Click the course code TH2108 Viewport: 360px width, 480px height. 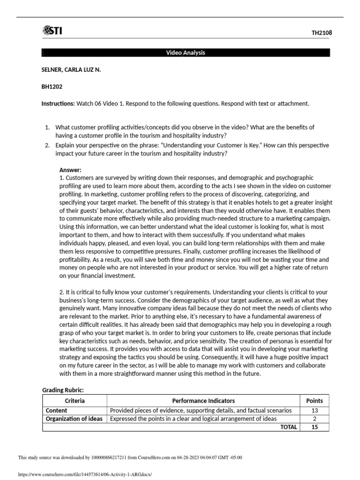(322, 33)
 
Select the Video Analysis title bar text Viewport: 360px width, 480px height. (186, 52)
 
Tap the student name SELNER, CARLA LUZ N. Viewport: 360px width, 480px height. (71, 69)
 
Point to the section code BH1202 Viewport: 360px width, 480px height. (52, 87)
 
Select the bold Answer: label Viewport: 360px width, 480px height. (70, 170)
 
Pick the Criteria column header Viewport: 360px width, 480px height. (75, 401)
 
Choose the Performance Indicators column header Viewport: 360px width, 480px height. (203, 401)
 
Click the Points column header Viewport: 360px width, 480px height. (315, 401)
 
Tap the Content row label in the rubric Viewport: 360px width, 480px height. (56, 411)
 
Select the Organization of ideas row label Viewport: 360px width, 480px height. (74, 419)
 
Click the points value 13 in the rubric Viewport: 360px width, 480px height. (315, 411)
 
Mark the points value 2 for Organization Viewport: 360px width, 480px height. (315, 419)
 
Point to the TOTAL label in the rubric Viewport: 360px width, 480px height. (288, 427)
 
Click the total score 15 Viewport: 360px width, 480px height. (315, 427)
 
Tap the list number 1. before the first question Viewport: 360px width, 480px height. (47, 127)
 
